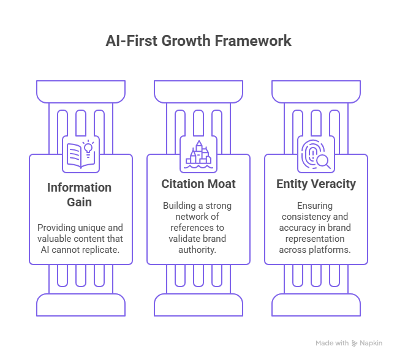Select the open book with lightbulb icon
81,154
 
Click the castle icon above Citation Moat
198,154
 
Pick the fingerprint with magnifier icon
316,154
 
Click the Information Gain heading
80,194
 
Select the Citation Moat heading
198,184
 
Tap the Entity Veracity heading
316,184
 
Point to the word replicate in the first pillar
102,249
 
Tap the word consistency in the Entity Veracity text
304,216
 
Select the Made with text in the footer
332,343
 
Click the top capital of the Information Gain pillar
81,91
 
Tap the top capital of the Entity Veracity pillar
316,91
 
